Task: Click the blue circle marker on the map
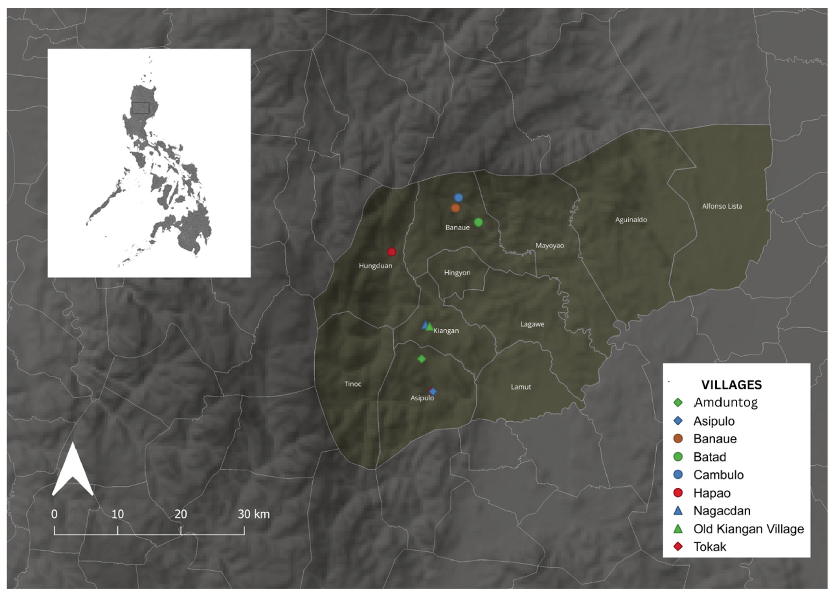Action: pos(458,197)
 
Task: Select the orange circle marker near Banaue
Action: pos(455,208)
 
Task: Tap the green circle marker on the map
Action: pos(478,222)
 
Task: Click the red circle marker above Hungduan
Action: pos(391,252)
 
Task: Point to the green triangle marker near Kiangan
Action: pos(429,327)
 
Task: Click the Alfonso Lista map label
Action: pos(722,206)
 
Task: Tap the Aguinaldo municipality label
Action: pos(631,220)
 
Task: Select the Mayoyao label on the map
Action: pos(549,246)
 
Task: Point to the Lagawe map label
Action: pos(532,324)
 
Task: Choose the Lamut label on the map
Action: pos(521,387)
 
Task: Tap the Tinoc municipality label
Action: pos(353,384)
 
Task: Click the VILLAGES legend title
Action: pos(731,385)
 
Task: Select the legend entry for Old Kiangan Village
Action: pos(748,529)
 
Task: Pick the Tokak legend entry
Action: pos(709,547)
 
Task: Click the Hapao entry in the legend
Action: pos(711,493)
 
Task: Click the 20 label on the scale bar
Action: pos(180,514)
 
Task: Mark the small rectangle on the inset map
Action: pos(140,108)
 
